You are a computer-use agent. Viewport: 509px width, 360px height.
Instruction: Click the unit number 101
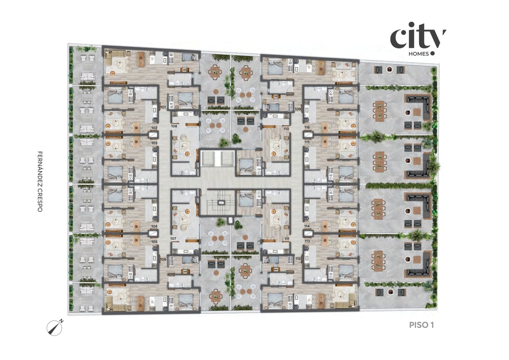click(163, 107)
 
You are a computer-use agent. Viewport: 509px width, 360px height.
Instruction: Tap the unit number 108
click(174, 126)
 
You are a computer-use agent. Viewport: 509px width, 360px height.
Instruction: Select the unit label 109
click(298, 109)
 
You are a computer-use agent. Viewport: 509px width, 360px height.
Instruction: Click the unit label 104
click(154, 226)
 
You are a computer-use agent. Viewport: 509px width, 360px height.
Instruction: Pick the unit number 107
click(173, 238)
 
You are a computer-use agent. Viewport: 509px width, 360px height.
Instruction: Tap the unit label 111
click(286, 238)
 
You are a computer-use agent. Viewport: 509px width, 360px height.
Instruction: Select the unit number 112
click(298, 259)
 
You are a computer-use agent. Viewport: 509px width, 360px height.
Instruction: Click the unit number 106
click(163, 259)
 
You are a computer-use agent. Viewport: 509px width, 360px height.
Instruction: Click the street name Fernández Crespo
click(40, 181)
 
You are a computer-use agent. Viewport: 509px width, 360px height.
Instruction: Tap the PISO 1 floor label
click(421, 325)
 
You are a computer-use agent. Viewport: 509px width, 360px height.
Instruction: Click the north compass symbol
click(55, 327)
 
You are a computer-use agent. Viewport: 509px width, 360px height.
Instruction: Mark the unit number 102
click(154, 128)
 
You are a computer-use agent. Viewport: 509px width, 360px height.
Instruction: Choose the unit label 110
click(286, 128)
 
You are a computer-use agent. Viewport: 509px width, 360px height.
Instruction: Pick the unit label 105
click(154, 241)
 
